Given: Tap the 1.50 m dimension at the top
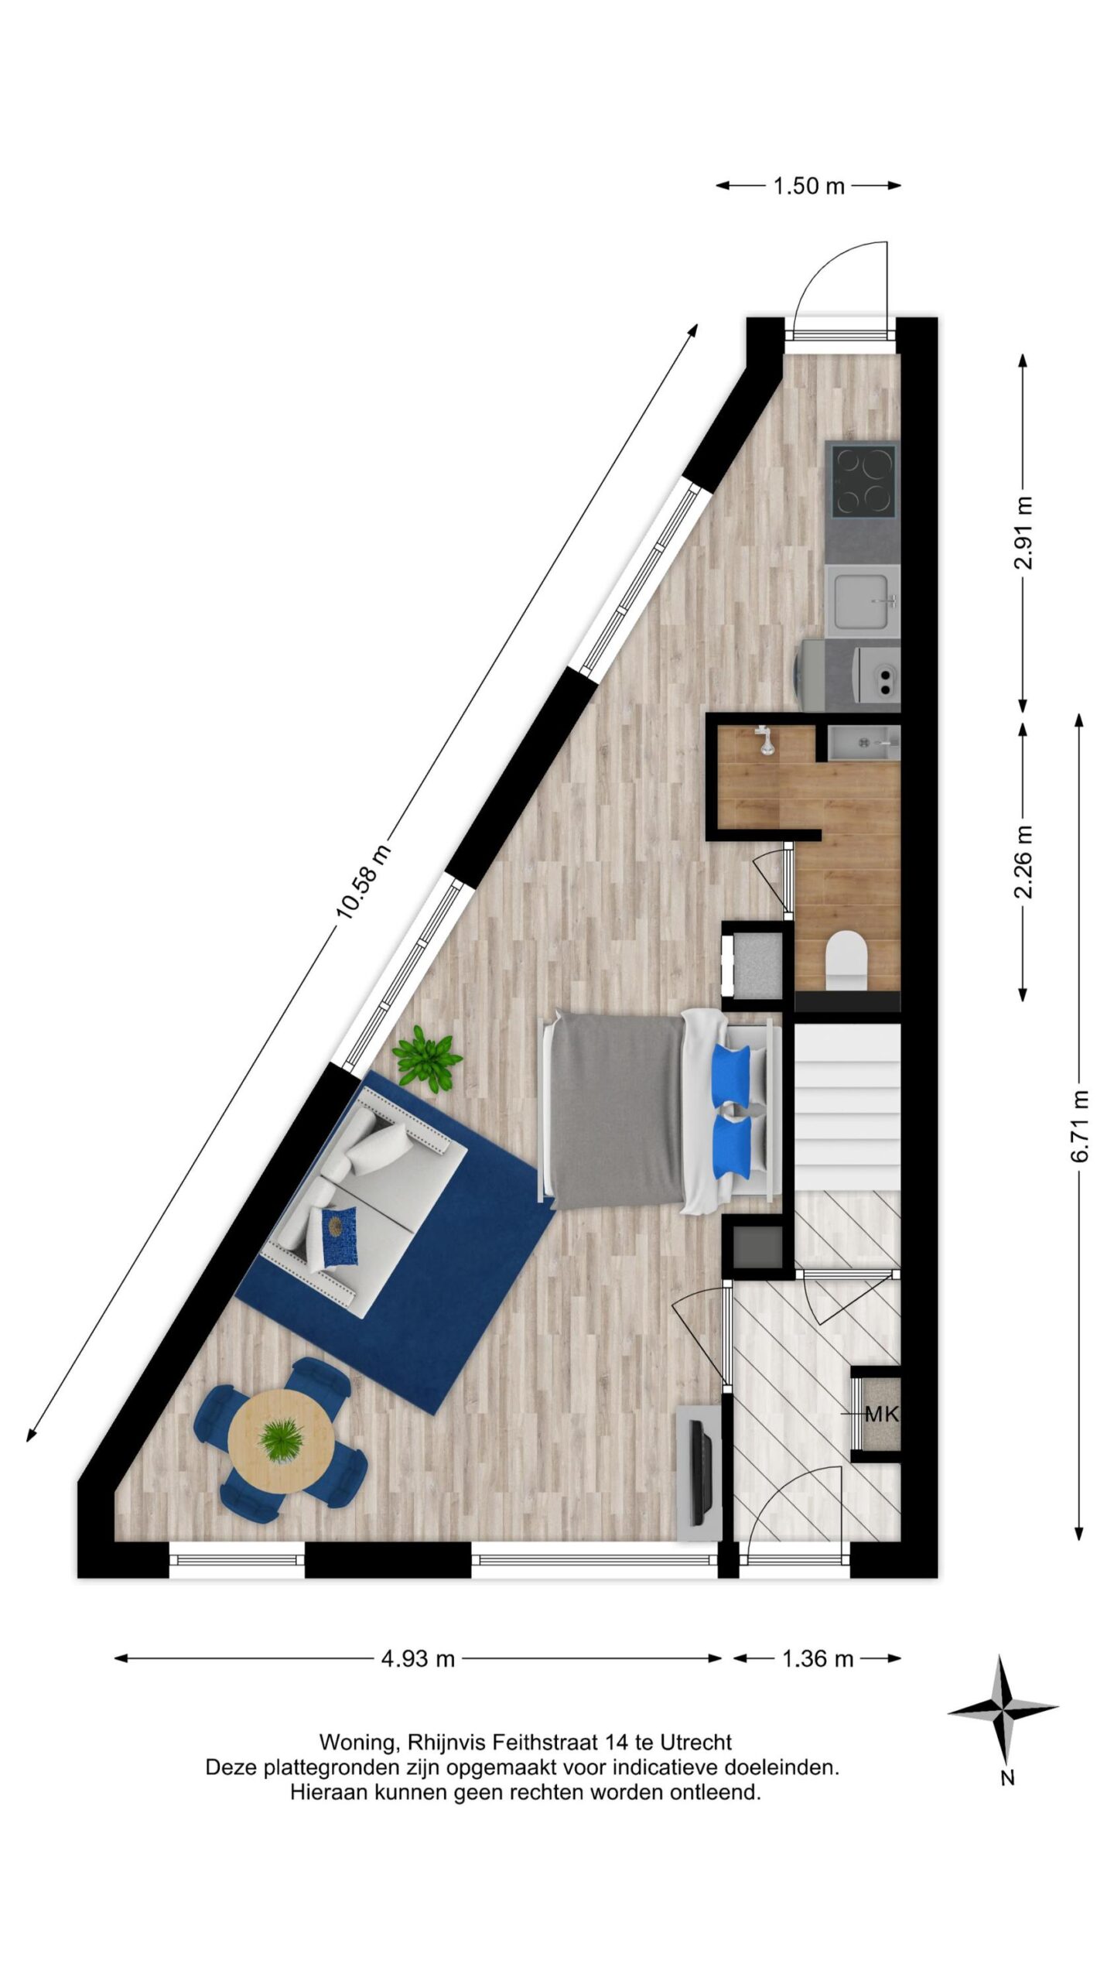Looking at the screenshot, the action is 808,186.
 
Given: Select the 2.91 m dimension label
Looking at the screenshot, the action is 1023,532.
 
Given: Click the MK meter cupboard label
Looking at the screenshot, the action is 882,1414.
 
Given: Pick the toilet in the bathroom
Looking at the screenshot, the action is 846,960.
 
